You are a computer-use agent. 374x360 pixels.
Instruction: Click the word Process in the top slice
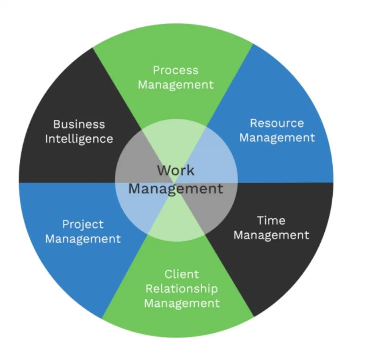176,70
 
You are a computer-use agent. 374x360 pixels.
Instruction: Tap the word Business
79,124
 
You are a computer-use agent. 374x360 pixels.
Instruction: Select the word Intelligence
79,139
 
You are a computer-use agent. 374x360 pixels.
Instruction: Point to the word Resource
277,123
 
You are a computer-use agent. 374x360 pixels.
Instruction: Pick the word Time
271,221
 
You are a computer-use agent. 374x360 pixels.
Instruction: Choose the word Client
182,274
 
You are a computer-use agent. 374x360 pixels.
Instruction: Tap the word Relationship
182,289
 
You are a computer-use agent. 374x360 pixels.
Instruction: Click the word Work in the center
176,171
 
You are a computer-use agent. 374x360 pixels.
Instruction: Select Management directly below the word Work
176,189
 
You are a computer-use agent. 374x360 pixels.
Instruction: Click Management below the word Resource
277,138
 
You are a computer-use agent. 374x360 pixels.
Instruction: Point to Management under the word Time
271,235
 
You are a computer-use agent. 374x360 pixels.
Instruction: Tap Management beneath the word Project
83,239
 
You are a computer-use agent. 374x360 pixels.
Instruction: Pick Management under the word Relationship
182,304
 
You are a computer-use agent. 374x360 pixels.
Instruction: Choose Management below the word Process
176,85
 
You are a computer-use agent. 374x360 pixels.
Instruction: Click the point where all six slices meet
176,183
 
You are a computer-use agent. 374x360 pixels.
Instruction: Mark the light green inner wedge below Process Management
175,141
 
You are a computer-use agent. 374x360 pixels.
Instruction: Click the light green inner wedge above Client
176,224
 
